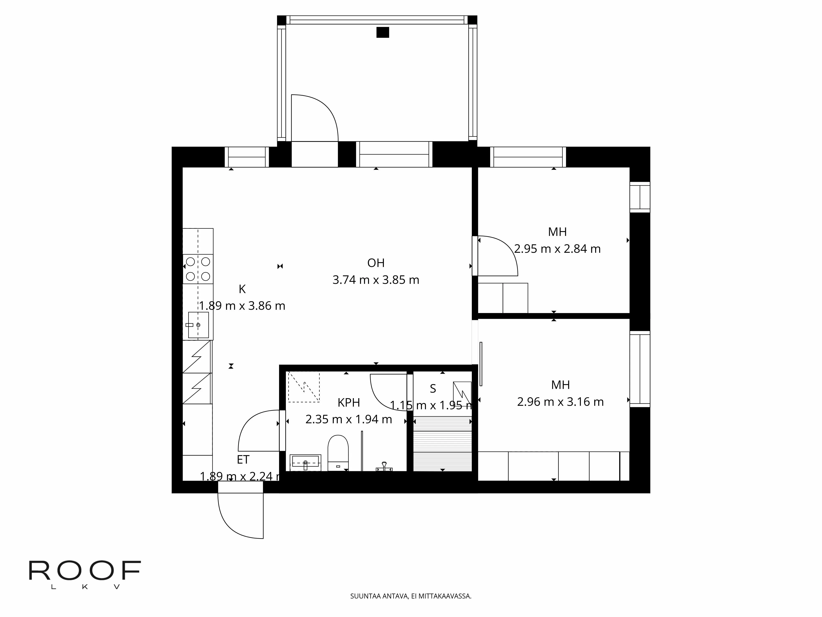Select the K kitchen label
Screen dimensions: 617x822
(242, 289)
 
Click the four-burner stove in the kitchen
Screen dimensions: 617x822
(198, 269)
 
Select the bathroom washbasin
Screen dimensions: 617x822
(305, 462)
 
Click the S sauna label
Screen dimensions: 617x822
(433, 389)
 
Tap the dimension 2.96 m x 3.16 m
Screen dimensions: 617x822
(560, 402)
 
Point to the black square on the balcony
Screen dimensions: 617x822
(382, 32)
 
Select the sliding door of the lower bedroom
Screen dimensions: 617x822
(481, 364)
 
